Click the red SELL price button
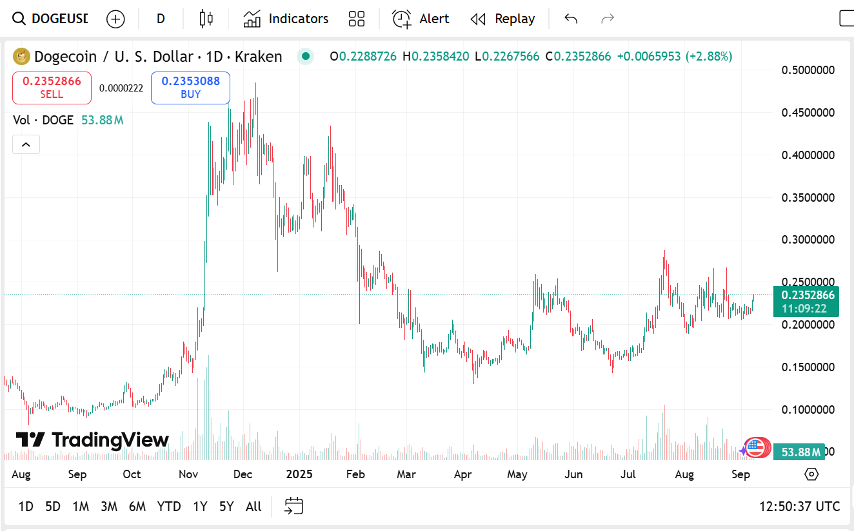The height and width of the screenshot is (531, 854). (52, 88)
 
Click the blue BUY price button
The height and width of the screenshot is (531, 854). (190, 88)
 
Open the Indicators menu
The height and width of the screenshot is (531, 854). (286, 19)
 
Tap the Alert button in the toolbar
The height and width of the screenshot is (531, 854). (421, 19)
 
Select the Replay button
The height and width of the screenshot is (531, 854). (502, 19)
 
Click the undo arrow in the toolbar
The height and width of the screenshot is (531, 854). (570, 19)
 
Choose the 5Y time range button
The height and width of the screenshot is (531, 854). (226, 507)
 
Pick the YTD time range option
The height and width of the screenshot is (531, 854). (169, 507)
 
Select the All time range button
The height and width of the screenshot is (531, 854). (253, 507)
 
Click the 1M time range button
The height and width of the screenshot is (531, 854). (81, 507)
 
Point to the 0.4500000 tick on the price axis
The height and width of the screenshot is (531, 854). (808, 113)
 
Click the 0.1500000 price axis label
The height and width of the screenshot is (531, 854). (808, 367)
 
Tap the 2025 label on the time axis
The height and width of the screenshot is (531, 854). (299, 475)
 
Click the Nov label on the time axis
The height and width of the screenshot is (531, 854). (188, 475)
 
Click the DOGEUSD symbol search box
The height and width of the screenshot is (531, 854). (52, 19)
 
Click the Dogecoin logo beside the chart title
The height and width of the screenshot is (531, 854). (22, 57)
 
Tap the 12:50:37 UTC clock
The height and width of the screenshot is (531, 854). (800, 507)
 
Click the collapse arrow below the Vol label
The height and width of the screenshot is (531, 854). (26, 144)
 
